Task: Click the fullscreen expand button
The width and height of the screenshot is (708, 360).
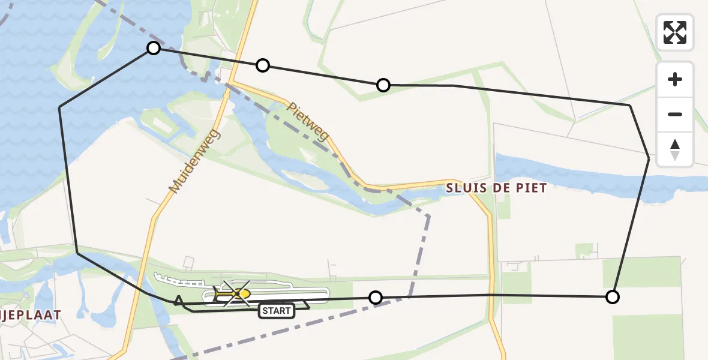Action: pos(675,32)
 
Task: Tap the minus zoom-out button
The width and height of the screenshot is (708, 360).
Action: pos(675,114)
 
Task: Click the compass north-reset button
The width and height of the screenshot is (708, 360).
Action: pos(675,149)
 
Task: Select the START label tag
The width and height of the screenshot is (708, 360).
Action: pos(277,311)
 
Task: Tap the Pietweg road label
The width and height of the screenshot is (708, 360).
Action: pos(308,122)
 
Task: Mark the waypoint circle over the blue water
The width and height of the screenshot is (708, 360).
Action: pos(154,48)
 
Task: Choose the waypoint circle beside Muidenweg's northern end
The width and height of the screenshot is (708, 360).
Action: pos(262,65)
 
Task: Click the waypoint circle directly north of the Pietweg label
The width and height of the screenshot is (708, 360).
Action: pos(383,85)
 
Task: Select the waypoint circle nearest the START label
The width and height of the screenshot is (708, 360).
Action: pos(375,297)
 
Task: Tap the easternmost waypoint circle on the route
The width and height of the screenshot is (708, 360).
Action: pos(612,296)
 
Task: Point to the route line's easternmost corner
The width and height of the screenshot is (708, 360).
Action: pos(649,159)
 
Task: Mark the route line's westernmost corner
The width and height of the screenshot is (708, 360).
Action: pos(59,107)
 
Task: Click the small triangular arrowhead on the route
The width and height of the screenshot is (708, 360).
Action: pos(179,299)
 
